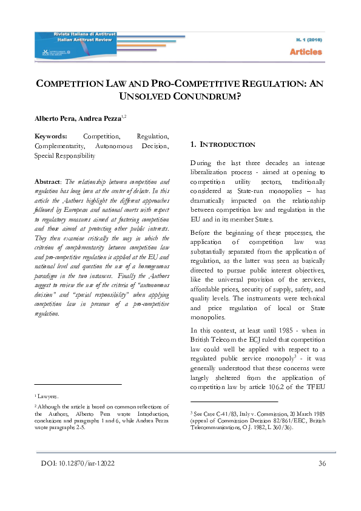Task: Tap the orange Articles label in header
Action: [306, 52]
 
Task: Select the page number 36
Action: [322, 464]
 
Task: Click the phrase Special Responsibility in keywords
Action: [65, 156]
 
